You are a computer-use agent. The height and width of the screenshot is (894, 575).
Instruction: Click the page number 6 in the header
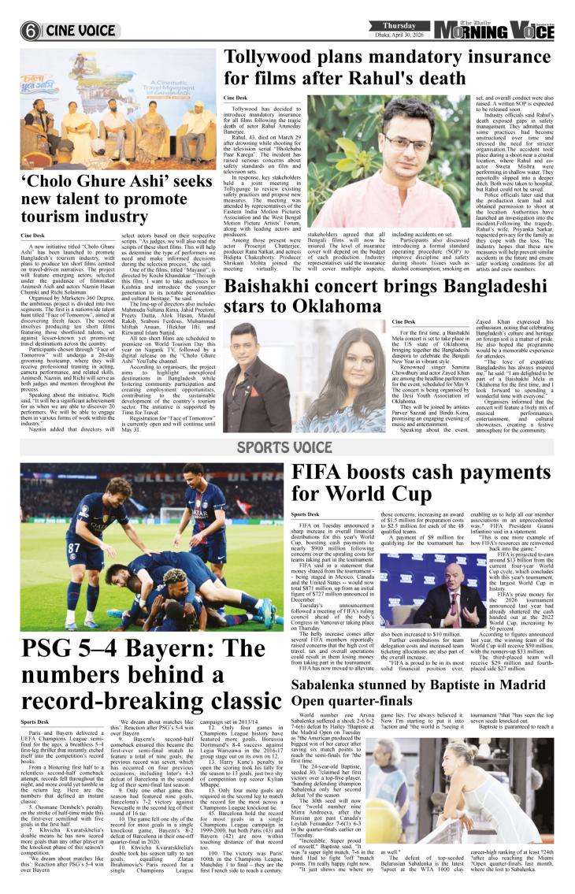tap(31, 32)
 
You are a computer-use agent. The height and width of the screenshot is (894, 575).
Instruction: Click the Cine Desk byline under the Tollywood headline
tap(235, 98)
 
